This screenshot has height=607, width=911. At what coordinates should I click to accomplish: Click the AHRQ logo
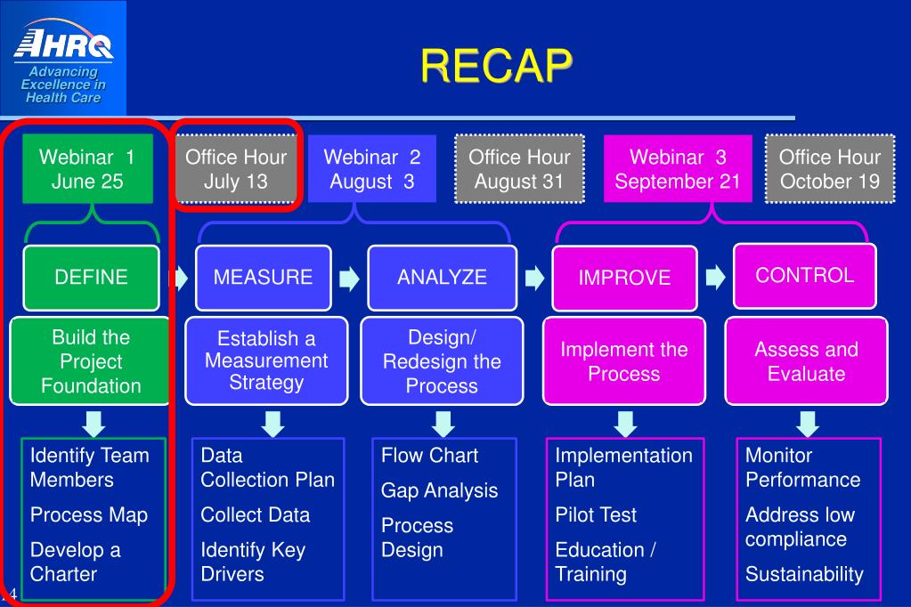[x=63, y=59]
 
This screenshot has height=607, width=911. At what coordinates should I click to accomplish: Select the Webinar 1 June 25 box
[x=87, y=169]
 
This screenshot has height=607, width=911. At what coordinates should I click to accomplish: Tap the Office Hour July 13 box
[x=236, y=169]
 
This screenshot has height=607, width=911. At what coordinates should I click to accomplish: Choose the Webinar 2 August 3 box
[x=371, y=169]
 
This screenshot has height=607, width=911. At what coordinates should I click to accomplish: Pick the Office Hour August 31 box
[x=519, y=169]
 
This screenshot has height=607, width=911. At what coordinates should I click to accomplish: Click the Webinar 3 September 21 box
[x=678, y=169]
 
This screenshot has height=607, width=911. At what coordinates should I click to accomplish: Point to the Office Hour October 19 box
[x=830, y=169]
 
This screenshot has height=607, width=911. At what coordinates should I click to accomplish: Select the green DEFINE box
[x=91, y=277]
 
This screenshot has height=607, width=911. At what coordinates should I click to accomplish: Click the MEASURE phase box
[x=263, y=277]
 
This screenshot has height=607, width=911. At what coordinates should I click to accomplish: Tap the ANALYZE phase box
[x=442, y=277]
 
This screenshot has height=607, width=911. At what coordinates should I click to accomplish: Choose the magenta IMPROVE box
[x=624, y=278]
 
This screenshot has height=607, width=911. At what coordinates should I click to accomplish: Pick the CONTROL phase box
[x=804, y=275]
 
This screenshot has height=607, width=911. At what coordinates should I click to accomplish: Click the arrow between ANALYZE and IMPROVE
[x=534, y=279]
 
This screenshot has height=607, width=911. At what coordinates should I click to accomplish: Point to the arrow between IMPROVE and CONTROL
[x=715, y=278]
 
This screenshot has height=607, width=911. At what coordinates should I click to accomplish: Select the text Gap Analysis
[x=439, y=490]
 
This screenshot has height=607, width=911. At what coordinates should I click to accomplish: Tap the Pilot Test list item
[x=596, y=514]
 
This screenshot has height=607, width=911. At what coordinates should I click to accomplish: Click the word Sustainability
[x=804, y=574]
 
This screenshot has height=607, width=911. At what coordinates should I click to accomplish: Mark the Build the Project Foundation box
[x=91, y=361]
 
